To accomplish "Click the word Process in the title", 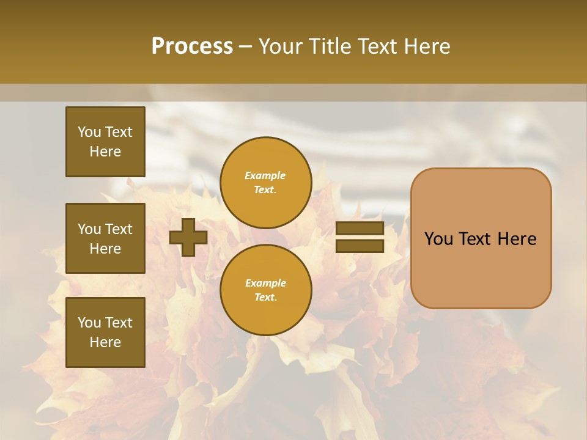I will tap(192, 46).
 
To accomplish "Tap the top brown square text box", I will tap(105, 142).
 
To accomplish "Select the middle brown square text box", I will tap(105, 238).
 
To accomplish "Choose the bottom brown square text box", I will tap(105, 332).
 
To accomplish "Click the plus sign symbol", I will tap(188, 237).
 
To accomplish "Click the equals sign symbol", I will tap(360, 237).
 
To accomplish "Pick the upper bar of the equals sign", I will tap(360, 229).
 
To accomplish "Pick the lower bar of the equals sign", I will tap(360, 246).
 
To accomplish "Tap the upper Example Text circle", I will tap(265, 183).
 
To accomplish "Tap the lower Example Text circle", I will tap(265, 290).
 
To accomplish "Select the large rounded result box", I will tap(481, 238).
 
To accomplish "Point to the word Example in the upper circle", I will tap(265, 176).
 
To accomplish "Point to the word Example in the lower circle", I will tap(265, 284).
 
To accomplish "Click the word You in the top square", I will tap(89, 132).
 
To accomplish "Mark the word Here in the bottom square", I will tap(105, 342).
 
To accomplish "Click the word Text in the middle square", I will tap(119, 229).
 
